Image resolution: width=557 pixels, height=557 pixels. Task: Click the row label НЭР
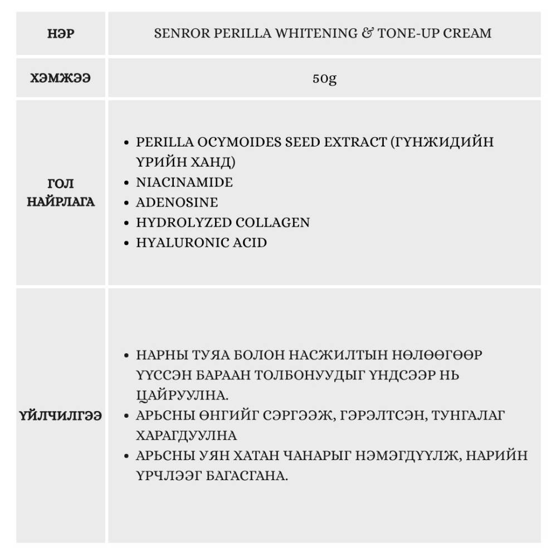61,33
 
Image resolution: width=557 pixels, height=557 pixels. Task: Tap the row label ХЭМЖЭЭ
61,78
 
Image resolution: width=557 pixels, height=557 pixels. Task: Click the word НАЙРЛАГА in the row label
61,202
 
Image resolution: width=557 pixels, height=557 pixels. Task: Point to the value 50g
324,78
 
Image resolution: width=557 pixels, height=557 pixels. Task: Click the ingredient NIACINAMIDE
184,182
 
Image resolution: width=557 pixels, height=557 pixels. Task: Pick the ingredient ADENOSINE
177,202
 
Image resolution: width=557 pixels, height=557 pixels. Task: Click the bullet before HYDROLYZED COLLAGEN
128,223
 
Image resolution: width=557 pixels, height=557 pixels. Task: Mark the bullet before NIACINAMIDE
128,183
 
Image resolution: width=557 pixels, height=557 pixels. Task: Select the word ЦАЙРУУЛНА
182,395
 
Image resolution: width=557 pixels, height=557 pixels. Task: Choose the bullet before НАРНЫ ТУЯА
128,355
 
